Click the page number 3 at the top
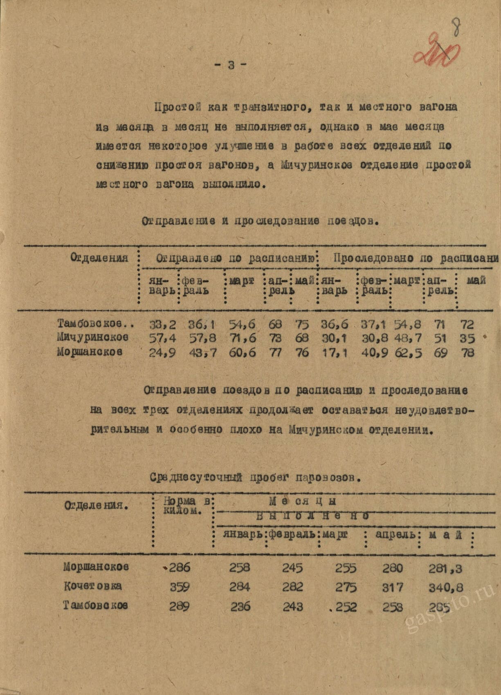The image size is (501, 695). (231, 65)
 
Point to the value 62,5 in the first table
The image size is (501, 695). (407, 352)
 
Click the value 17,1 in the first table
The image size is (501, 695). (334, 352)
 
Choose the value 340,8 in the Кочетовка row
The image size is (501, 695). (446, 587)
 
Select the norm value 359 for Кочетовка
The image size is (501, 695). (180, 587)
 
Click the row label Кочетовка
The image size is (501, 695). (92, 586)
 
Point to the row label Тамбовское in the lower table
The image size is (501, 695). (95, 605)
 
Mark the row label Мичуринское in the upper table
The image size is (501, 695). (93, 338)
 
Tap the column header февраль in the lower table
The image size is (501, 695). (292, 535)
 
